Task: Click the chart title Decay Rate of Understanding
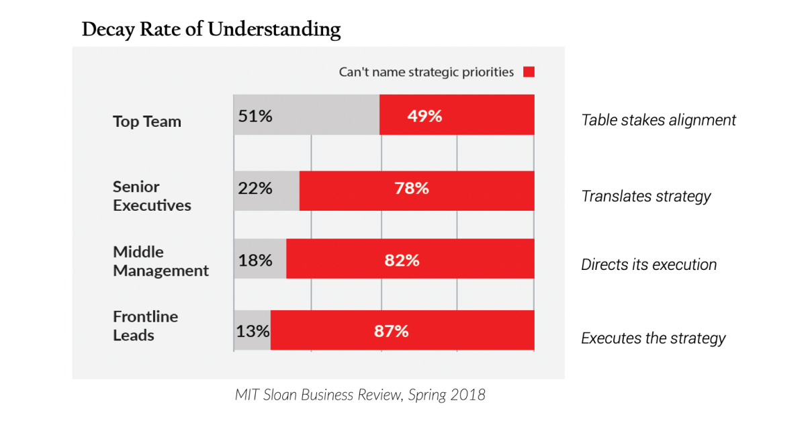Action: point(211,30)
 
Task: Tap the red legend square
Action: point(529,72)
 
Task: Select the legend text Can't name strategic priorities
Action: point(427,72)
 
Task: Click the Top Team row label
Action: point(147,122)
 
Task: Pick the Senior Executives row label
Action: point(152,196)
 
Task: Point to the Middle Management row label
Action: point(161,261)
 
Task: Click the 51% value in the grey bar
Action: point(255,116)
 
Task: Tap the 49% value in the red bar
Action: point(424,116)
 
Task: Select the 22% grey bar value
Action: point(255,189)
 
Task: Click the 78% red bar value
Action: point(411,189)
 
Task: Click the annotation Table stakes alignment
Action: point(658,120)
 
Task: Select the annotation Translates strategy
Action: point(645,196)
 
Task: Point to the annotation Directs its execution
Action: point(649,265)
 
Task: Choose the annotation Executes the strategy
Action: point(653,338)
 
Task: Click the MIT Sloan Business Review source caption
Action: point(360,395)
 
